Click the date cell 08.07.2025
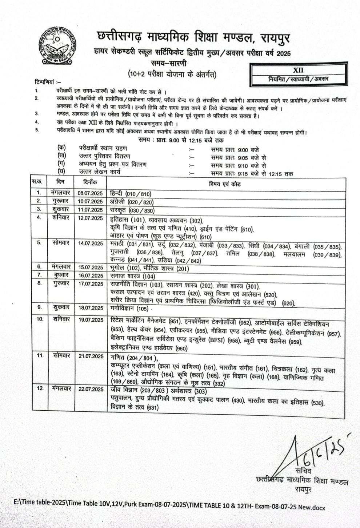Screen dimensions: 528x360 [90, 193]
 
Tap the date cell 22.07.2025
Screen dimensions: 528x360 [91, 389]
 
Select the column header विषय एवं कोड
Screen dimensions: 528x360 [224, 184]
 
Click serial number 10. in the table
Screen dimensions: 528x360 [40, 319]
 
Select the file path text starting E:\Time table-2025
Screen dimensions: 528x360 [169, 508]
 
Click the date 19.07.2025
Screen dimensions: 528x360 [91, 320]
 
